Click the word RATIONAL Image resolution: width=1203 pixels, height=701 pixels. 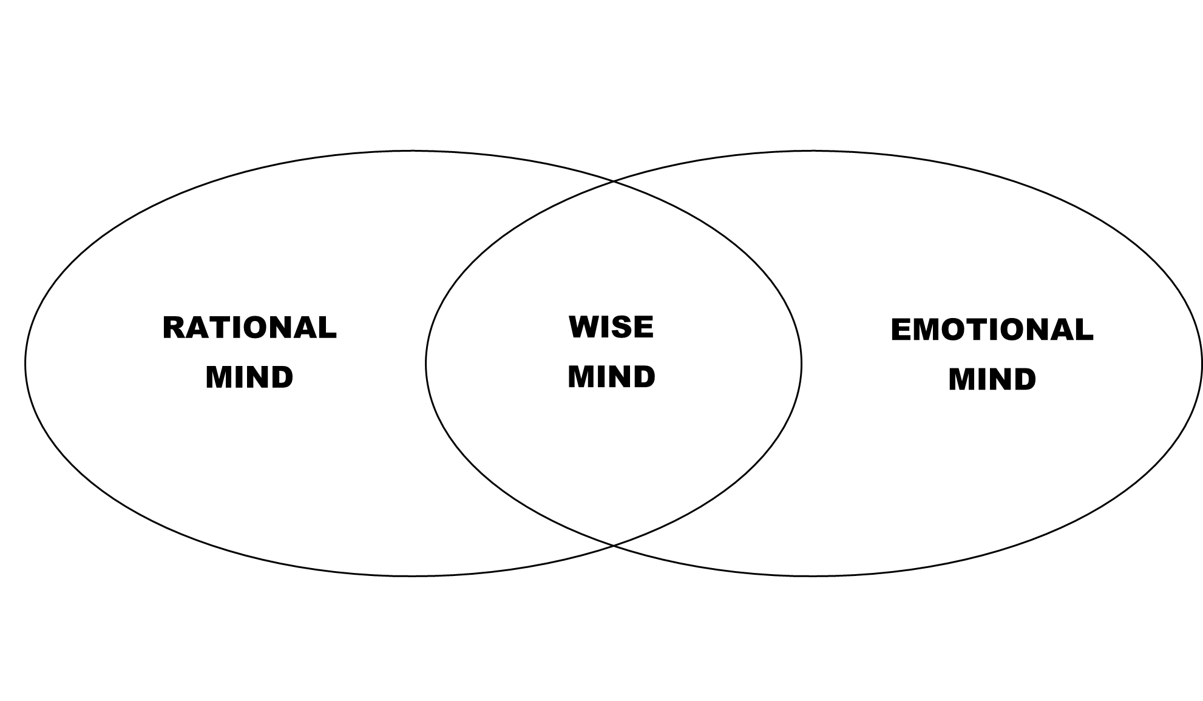point(249,328)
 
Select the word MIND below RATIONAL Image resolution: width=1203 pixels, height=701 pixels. point(249,377)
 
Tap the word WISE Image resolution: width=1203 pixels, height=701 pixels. point(611,327)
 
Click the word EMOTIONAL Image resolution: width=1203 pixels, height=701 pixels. point(992,330)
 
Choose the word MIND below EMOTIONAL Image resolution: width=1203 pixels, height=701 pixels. point(992,379)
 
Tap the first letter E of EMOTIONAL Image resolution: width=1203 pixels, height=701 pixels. point(901,330)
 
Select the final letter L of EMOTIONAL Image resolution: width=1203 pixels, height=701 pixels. point(1085,330)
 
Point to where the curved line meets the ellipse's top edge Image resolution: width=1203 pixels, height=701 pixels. point(613,181)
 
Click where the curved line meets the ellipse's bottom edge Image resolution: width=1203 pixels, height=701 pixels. point(613,545)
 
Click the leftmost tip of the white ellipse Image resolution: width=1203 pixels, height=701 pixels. point(27,364)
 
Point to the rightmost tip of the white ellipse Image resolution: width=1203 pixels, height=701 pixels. point(801,364)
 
